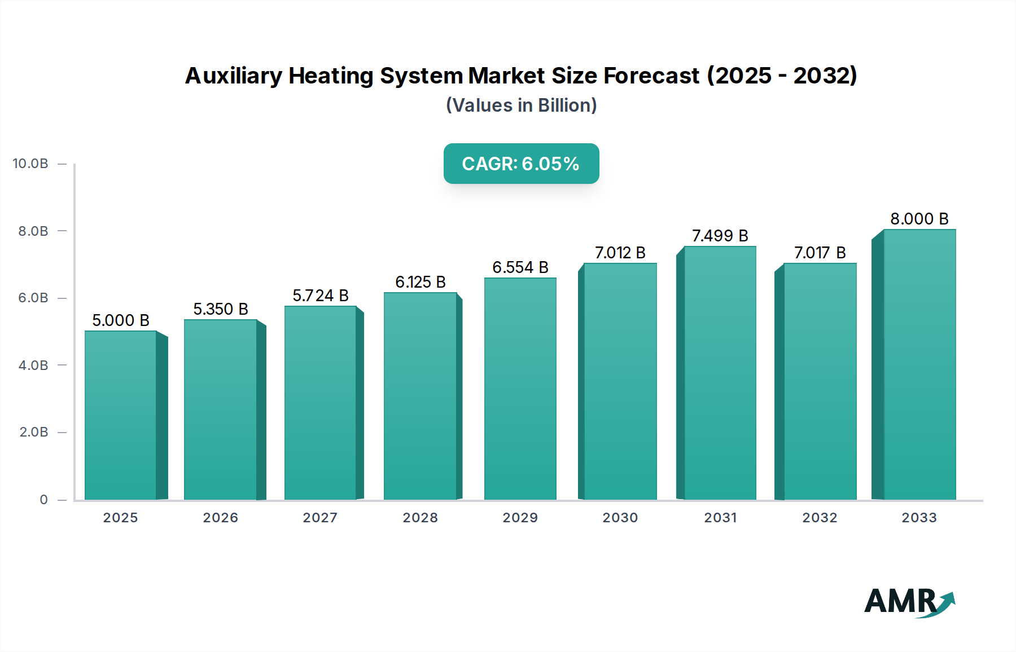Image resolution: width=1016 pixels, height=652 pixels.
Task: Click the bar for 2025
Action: pos(121,415)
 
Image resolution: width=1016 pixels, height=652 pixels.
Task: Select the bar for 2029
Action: pos(520,389)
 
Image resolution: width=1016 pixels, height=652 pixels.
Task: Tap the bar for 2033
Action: pos(919,364)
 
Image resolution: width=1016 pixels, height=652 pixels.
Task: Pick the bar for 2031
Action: pos(720,373)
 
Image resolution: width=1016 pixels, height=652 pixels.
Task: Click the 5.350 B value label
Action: pos(221,309)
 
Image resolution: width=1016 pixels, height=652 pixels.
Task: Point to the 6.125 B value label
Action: pos(421,282)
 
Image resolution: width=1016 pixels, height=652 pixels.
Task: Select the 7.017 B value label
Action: pos(820,253)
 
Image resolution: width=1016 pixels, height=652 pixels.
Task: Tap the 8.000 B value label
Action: pos(919,219)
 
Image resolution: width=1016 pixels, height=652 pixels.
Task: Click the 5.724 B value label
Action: pos(320,296)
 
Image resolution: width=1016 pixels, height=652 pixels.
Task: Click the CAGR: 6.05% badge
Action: pos(521,164)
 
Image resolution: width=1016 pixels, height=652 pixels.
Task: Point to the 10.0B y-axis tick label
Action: pos(30,164)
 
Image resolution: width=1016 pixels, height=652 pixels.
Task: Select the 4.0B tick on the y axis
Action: pos(33,365)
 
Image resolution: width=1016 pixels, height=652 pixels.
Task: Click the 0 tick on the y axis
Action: pos(43,500)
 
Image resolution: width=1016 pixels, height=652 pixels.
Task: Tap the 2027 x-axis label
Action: pos(320,518)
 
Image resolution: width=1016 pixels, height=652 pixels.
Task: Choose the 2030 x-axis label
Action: pos(620,518)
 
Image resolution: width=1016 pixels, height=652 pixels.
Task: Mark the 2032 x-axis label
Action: pos(820,518)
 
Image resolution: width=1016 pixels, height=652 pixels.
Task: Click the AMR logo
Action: pos(909,602)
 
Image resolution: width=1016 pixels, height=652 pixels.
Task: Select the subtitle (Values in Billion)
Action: pos(521,105)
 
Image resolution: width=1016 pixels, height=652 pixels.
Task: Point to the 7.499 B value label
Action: pos(720,236)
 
